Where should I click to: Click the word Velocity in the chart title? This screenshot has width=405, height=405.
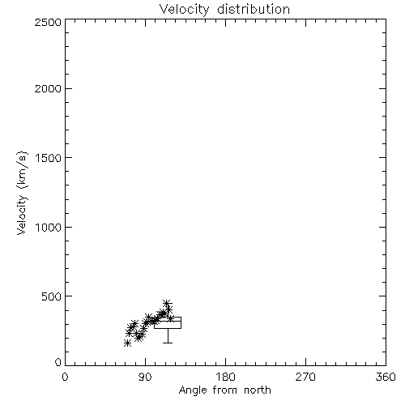(184, 10)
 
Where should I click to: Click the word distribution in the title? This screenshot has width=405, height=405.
(254, 9)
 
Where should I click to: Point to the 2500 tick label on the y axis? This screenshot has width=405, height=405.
(48, 22)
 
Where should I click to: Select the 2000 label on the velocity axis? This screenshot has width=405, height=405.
(48, 88)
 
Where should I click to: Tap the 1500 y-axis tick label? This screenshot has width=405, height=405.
(49, 158)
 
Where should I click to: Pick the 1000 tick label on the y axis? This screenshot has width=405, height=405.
(49, 228)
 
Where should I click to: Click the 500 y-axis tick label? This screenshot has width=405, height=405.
(51, 296)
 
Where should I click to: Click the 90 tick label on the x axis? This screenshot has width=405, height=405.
(145, 377)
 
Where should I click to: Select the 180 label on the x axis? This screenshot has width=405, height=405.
(225, 377)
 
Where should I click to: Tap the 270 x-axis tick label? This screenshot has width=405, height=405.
(305, 377)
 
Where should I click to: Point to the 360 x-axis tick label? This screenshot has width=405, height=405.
(386, 377)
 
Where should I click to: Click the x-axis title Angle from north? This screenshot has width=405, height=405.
(225, 390)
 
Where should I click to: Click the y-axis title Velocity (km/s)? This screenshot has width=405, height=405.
(22, 193)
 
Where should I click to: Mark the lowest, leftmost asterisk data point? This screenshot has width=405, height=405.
(127, 343)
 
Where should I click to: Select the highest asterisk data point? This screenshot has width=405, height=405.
(167, 303)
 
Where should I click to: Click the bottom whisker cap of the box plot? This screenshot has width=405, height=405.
(168, 343)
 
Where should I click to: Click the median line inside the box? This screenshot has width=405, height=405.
(168, 321)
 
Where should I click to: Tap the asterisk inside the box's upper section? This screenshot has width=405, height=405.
(171, 318)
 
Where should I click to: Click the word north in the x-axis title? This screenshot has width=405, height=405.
(258, 390)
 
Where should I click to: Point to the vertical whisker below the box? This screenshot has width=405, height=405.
(168, 335)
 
